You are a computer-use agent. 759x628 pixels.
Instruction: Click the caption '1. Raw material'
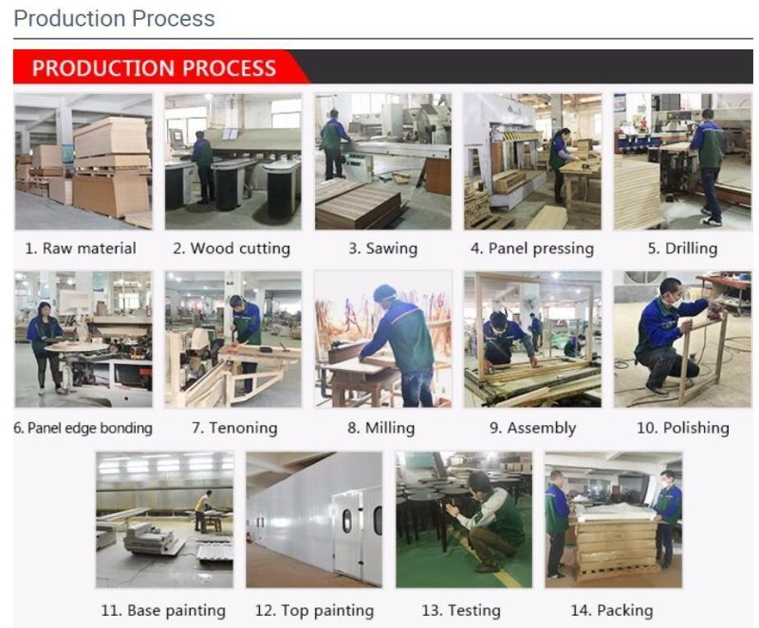click(81, 249)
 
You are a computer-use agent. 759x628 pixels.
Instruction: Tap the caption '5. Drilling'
click(682, 249)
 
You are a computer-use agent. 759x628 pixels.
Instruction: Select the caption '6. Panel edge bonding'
click(83, 428)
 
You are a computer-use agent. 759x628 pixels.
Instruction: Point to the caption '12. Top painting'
click(314, 611)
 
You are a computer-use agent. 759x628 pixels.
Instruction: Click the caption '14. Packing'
click(612, 611)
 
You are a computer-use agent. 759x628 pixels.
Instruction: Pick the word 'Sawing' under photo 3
click(392, 249)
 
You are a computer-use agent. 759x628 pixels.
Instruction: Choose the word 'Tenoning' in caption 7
click(243, 428)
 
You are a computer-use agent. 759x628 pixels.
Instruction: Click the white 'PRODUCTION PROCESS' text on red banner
click(154, 67)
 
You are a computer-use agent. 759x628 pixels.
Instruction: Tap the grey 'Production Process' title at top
click(114, 18)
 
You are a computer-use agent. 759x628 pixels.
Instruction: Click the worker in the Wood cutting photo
click(202, 167)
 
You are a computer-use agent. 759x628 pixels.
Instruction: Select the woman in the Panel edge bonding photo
click(45, 346)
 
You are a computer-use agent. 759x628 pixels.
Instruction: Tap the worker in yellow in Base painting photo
click(203, 510)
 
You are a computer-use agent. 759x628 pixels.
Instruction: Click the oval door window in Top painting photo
click(347, 521)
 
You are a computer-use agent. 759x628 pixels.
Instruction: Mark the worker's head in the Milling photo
click(385, 294)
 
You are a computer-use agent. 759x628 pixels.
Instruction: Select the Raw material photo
click(83, 161)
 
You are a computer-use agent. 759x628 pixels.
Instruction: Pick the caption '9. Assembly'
click(532, 428)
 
